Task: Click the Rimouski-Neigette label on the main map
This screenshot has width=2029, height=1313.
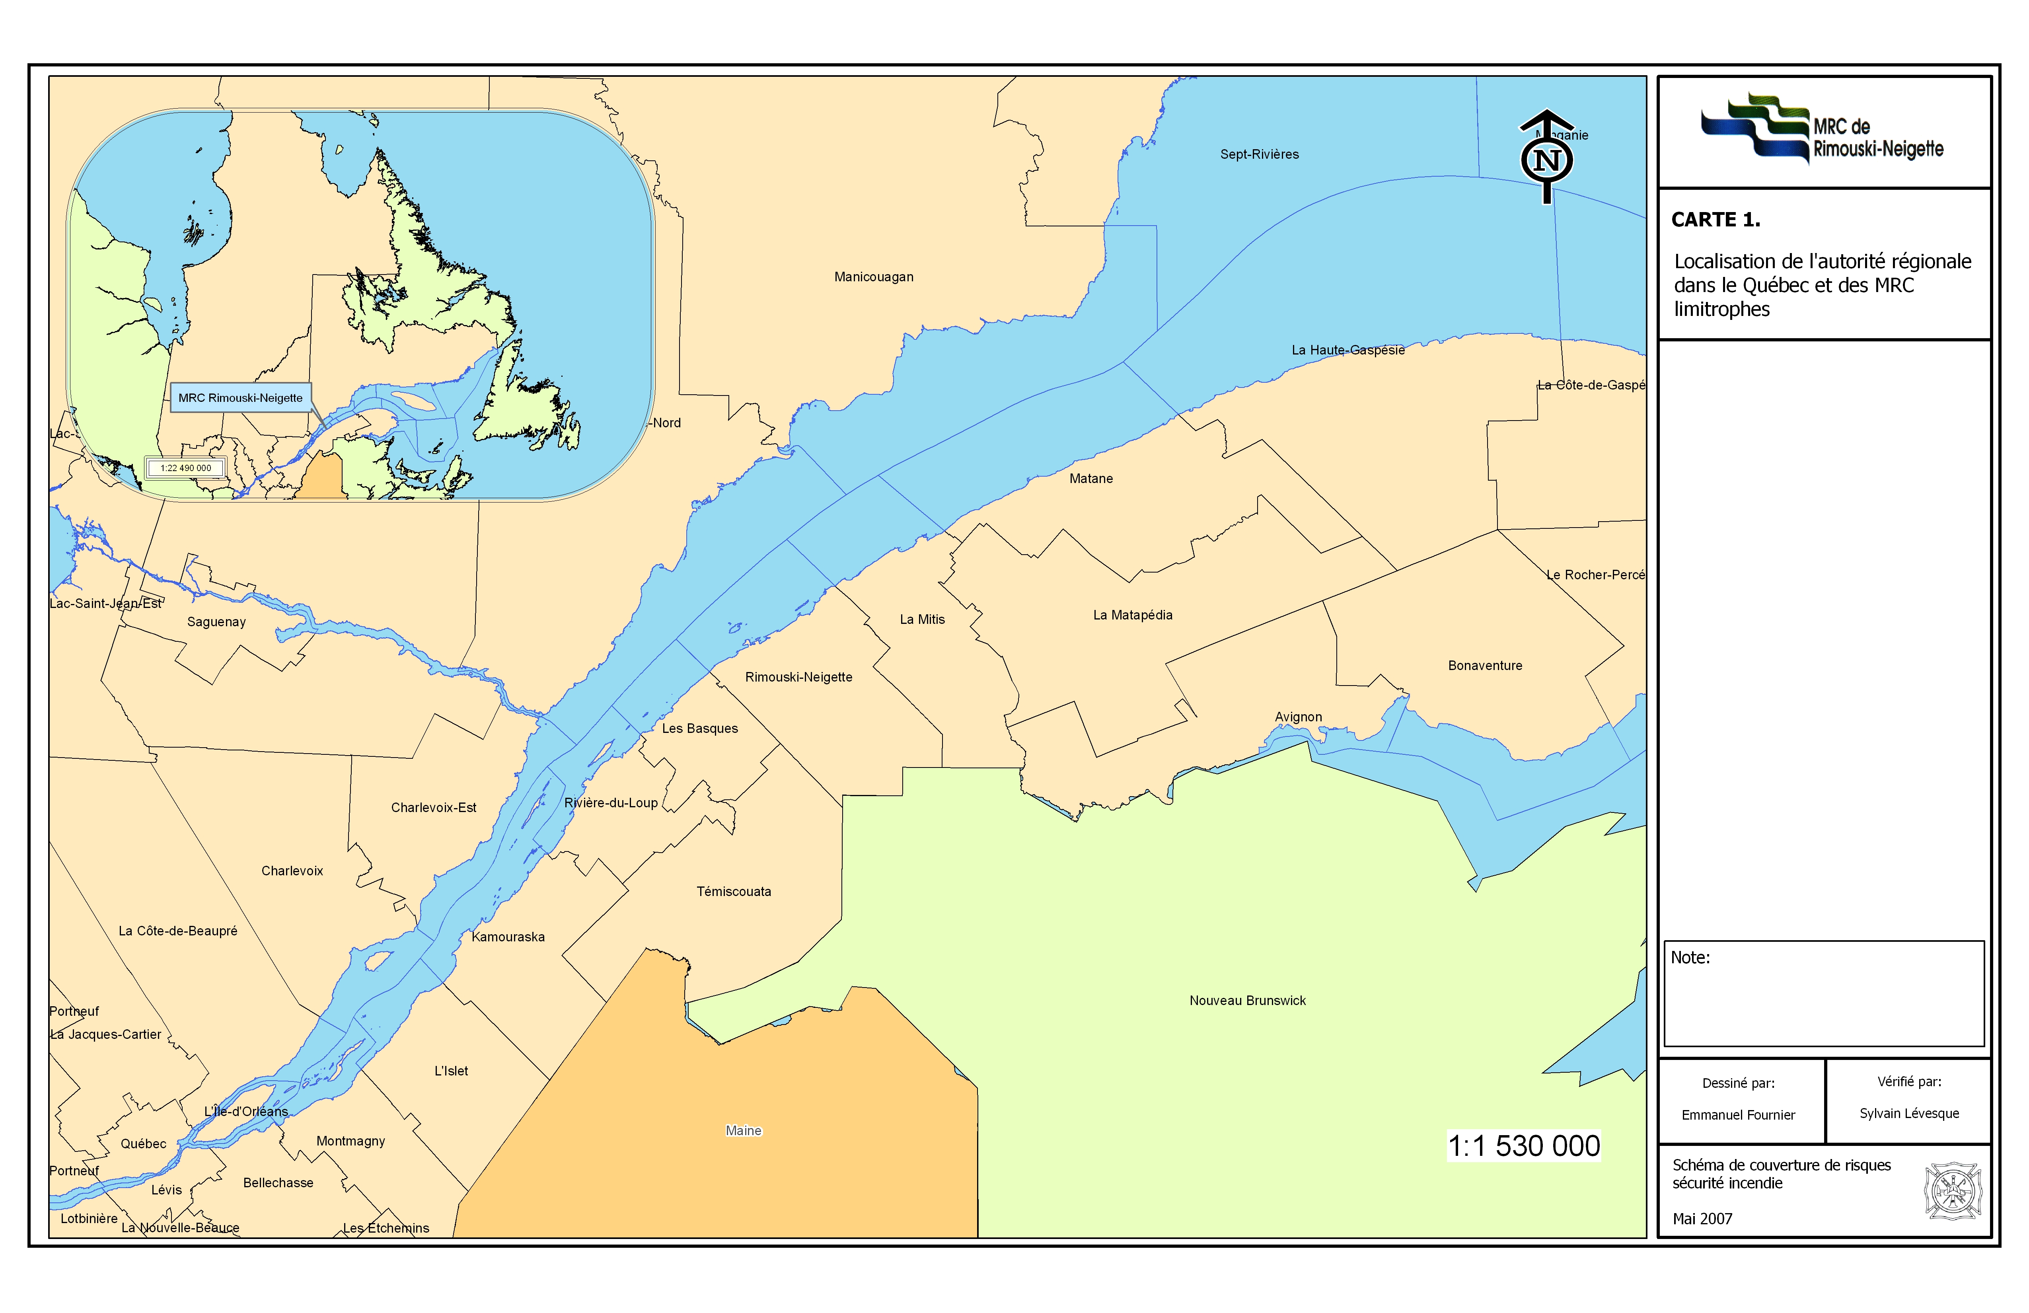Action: coord(798,677)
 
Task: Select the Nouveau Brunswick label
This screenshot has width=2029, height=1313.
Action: coord(1247,1001)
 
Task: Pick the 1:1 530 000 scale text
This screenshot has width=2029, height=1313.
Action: coord(1523,1146)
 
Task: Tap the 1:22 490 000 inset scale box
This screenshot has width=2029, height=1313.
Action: coord(186,468)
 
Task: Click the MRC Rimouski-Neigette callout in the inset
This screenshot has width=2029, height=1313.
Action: coord(240,398)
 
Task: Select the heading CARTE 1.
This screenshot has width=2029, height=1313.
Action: coord(1715,220)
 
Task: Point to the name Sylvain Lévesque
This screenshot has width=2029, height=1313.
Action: coord(1909,1114)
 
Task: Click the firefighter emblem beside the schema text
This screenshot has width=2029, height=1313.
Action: coord(1952,1191)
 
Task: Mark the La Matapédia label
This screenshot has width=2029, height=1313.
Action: coord(1132,616)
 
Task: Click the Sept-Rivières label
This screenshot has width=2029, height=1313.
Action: coord(1259,154)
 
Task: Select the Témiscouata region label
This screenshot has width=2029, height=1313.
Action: coord(733,892)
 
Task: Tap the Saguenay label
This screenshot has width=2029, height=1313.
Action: coord(216,622)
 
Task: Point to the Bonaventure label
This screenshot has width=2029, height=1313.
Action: coord(1484,666)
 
